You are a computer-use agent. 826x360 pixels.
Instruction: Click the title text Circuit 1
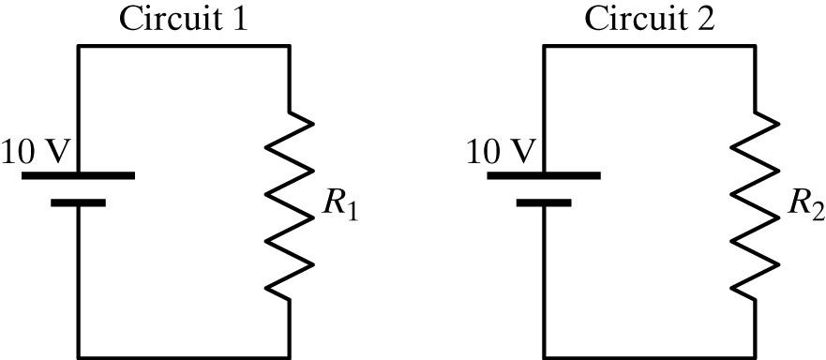(183, 19)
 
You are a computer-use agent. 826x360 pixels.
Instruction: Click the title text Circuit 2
(650, 19)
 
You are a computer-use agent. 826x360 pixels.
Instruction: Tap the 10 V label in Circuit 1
(35, 151)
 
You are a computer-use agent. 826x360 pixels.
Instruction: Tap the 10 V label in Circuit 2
(502, 151)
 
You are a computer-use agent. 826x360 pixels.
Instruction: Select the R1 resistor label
(340, 207)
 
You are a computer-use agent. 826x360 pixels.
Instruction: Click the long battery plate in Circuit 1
(78, 175)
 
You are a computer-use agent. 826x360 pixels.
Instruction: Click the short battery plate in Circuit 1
(78, 202)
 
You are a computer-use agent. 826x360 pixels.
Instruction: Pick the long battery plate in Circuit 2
(545, 175)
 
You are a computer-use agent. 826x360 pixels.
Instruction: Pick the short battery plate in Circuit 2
(545, 202)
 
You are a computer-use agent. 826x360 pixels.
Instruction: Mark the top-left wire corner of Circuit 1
(78, 46)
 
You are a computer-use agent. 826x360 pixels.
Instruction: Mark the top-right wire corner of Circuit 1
(289, 46)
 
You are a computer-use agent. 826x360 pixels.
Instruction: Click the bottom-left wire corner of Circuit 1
(78, 356)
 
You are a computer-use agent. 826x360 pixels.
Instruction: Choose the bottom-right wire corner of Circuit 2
(756, 356)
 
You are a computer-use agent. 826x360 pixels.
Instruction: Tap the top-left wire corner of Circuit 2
(545, 46)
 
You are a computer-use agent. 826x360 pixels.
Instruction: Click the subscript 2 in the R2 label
(818, 213)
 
